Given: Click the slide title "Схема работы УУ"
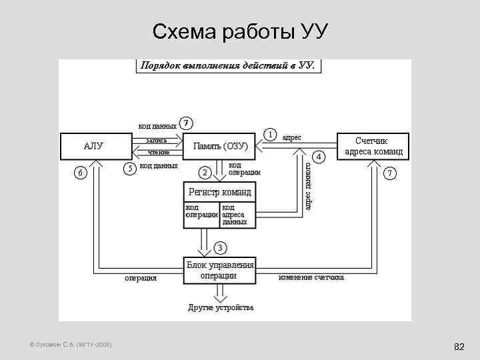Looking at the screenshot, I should (x=240, y=31).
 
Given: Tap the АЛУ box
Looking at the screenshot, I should (x=93, y=146).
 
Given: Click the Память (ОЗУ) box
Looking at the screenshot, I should (x=221, y=146).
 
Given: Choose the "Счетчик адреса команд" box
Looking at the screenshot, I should (x=373, y=146).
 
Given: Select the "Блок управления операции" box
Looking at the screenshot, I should (x=219, y=270).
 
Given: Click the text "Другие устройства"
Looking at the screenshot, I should (x=221, y=308).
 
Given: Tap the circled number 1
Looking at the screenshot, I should (x=271, y=134).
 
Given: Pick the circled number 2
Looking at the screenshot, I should (x=206, y=173).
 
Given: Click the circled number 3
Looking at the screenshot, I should (x=220, y=248).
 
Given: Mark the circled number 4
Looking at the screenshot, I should (x=319, y=157).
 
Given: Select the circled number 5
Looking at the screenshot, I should (x=131, y=167).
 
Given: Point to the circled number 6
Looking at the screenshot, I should (x=81, y=173).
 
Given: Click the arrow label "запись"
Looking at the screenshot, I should (x=157, y=141).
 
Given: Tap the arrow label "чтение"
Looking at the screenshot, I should (x=158, y=152).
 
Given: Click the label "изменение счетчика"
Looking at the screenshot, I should (x=311, y=277).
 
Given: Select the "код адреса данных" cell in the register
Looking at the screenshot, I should (x=236, y=214).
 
